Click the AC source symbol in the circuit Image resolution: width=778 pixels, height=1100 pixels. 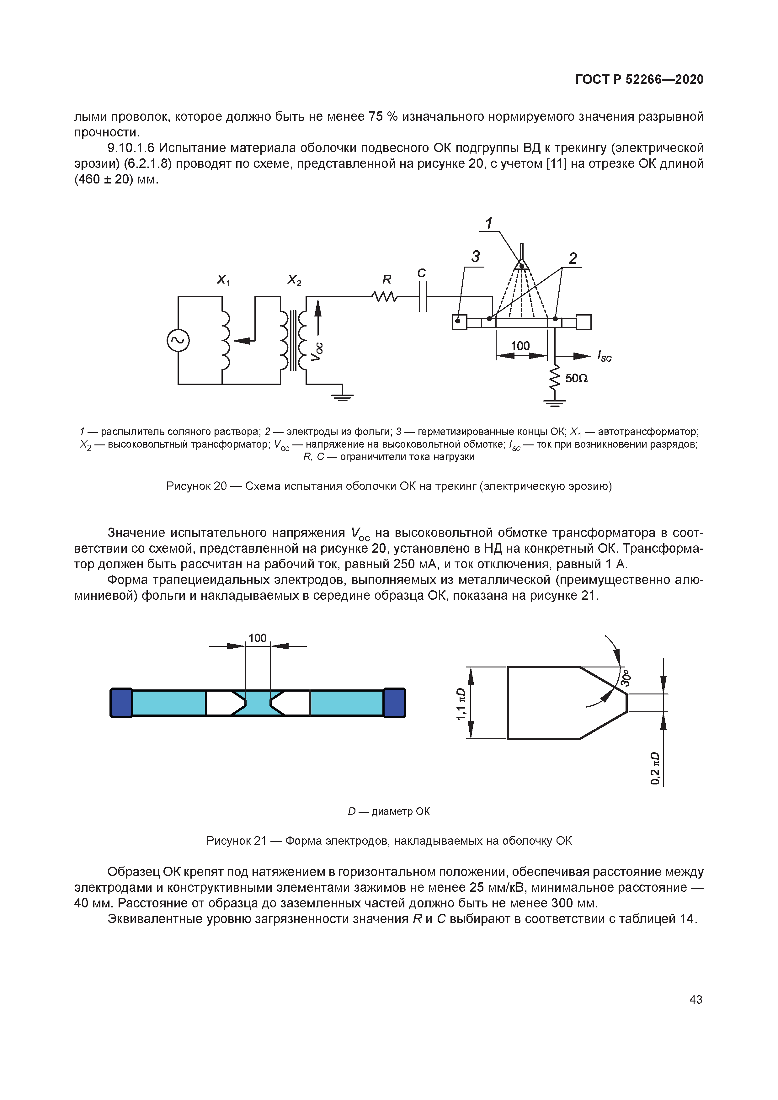178,341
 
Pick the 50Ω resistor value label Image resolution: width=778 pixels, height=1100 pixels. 576,379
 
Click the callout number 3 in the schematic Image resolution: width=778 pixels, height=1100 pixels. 475,257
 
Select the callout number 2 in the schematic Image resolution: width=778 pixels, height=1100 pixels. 573,259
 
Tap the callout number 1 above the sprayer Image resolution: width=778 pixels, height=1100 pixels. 489,223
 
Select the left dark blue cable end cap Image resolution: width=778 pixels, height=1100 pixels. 121,703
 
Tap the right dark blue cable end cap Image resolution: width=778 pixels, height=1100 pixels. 394,703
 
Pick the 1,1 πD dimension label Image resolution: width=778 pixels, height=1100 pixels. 461,704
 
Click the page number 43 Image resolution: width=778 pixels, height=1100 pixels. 695,999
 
